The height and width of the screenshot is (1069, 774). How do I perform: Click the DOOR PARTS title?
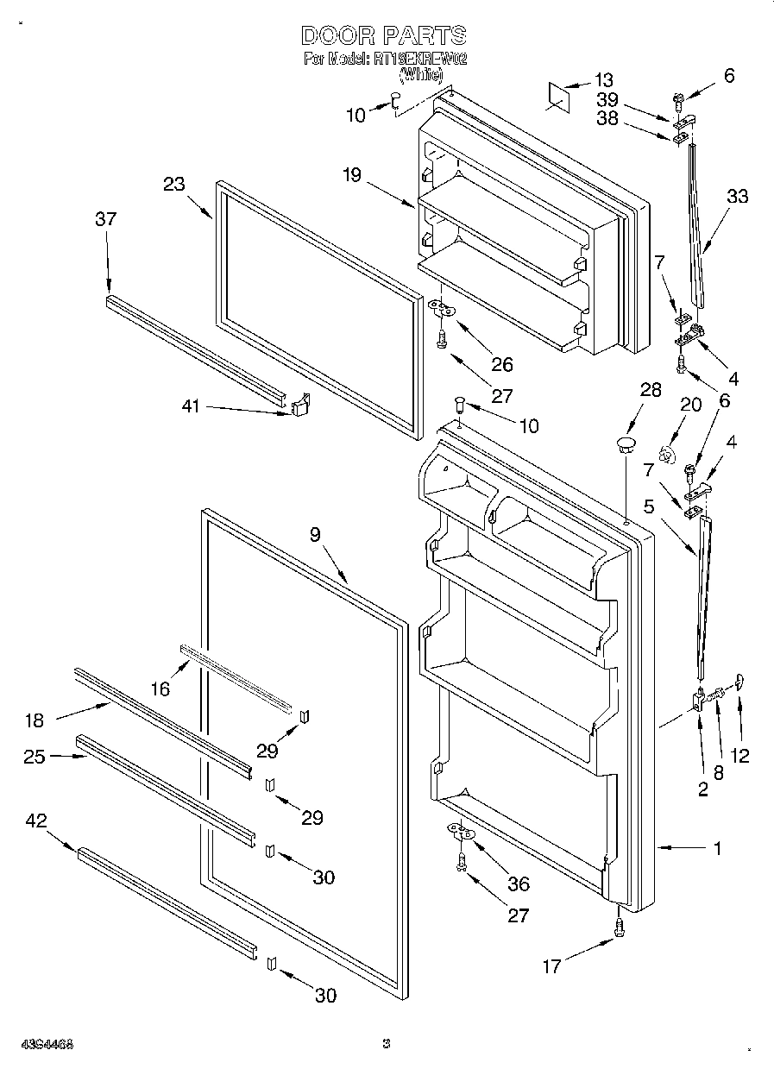[x=384, y=35]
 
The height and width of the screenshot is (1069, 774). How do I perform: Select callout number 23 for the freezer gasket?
[x=174, y=183]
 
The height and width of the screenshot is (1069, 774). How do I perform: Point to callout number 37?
[x=105, y=220]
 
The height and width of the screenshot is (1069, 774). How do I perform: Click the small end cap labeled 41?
[x=300, y=406]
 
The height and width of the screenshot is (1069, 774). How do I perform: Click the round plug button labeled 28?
[x=624, y=445]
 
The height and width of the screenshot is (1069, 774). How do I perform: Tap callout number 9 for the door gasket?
[x=315, y=535]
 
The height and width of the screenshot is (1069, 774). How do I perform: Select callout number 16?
[x=160, y=688]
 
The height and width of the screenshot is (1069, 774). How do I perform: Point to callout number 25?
[x=35, y=757]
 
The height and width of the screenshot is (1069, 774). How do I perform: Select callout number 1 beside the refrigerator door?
[x=717, y=848]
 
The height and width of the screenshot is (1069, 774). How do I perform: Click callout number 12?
[x=739, y=756]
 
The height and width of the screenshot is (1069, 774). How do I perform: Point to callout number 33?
[x=737, y=196]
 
